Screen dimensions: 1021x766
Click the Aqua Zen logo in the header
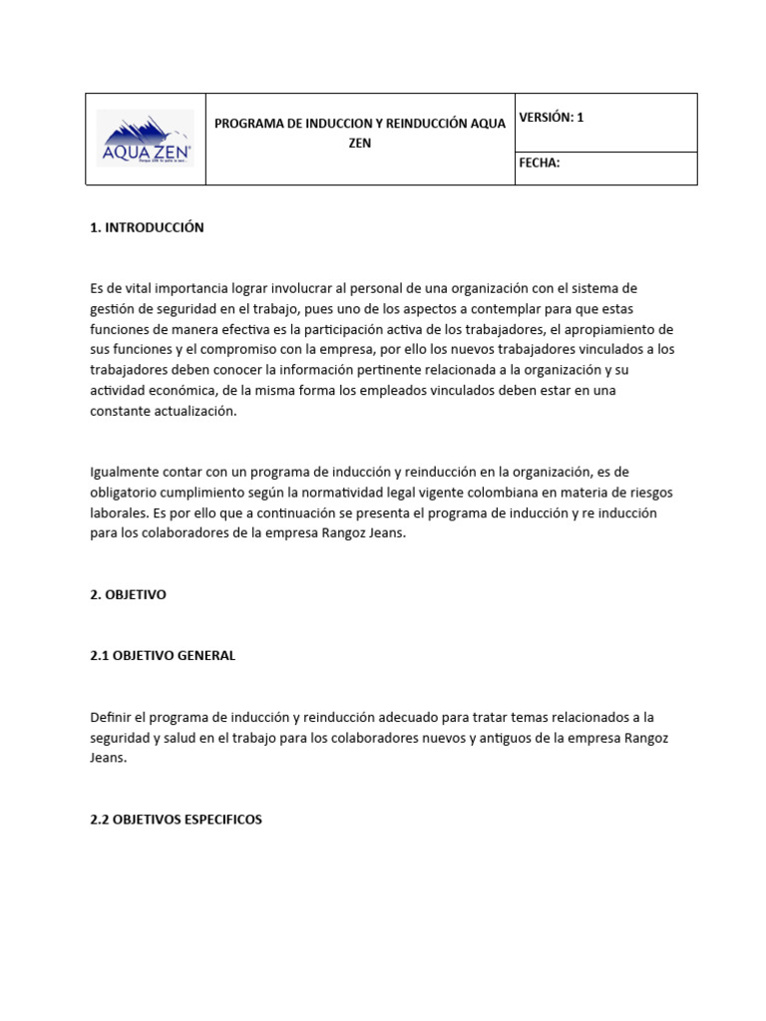pos(146,140)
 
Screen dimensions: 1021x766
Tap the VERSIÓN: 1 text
pos(552,118)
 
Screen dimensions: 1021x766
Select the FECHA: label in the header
pos(540,164)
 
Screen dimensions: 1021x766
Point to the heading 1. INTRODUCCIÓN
pos(147,227)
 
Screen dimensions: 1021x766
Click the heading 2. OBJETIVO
pos(128,594)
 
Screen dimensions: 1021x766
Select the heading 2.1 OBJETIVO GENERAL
pos(163,656)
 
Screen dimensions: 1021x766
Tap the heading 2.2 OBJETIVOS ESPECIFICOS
pos(176,820)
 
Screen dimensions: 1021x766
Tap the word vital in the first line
pos(137,289)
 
